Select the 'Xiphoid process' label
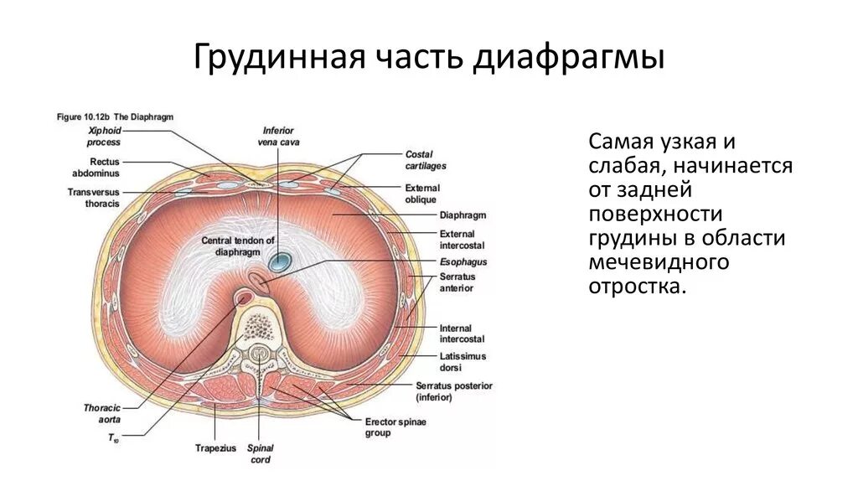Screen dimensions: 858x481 (105, 137)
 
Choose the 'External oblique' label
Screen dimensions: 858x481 (422, 193)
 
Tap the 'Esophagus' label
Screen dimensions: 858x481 (457, 261)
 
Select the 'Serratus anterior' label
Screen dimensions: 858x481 (457, 282)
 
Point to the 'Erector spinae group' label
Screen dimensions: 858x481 (395, 427)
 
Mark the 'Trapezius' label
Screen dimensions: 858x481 (215, 447)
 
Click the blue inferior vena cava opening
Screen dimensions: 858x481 (279, 263)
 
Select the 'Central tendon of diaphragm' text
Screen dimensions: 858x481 (237, 245)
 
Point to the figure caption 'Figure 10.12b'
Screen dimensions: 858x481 (115, 117)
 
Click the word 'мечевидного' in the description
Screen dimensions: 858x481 (657, 262)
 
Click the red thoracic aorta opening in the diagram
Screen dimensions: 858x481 (245, 297)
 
